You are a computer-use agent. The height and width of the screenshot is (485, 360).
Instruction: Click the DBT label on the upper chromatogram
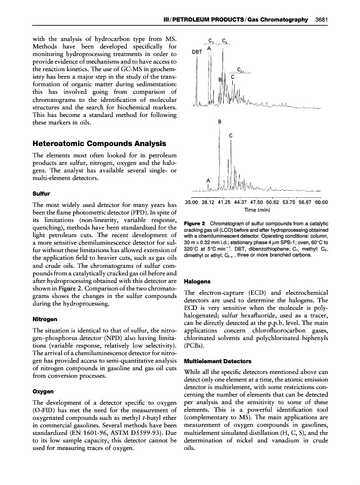[x=197, y=52]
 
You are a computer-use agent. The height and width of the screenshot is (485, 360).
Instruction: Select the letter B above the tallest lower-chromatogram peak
[x=219, y=122]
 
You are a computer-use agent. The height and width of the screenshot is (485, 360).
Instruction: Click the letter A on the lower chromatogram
[x=208, y=179]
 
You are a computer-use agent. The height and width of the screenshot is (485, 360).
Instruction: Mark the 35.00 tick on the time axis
[x=192, y=202]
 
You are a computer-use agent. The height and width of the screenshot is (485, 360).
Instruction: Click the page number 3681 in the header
[x=322, y=20]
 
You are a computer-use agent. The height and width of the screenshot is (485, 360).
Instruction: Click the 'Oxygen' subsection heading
[x=43, y=391]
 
